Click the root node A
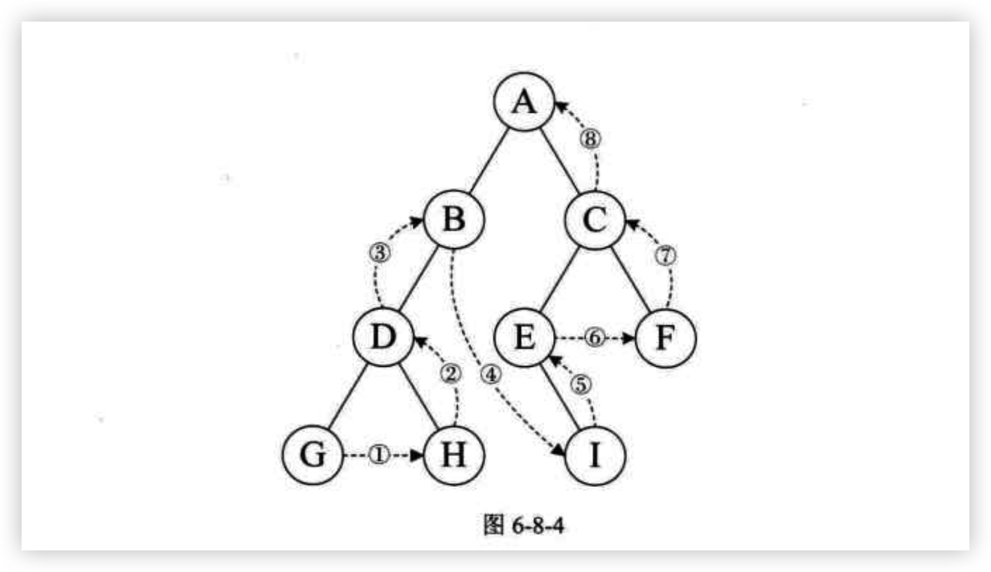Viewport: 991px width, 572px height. [x=524, y=101]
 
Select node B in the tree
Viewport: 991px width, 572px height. [x=454, y=219]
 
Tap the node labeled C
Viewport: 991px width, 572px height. [x=594, y=219]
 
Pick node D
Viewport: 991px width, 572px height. [x=383, y=337]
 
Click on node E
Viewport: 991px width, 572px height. [x=524, y=337]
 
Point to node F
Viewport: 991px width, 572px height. [x=665, y=338]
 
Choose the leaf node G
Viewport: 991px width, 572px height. [x=313, y=454]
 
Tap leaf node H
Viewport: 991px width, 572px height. [x=454, y=454]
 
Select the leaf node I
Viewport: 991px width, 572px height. [x=595, y=455]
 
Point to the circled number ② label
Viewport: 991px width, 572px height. [x=451, y=374]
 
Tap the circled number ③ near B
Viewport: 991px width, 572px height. [x=380, y=252]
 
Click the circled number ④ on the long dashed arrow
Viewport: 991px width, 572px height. [x=490, y=375]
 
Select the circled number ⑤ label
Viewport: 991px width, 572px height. [x=580, y=384]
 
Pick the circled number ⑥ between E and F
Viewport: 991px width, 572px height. [x=594, y=338]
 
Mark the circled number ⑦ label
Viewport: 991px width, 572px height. [x=665, y=255]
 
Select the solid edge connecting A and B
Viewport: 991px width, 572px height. [x=489, y=160]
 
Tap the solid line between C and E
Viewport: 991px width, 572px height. [x=560, y=278]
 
